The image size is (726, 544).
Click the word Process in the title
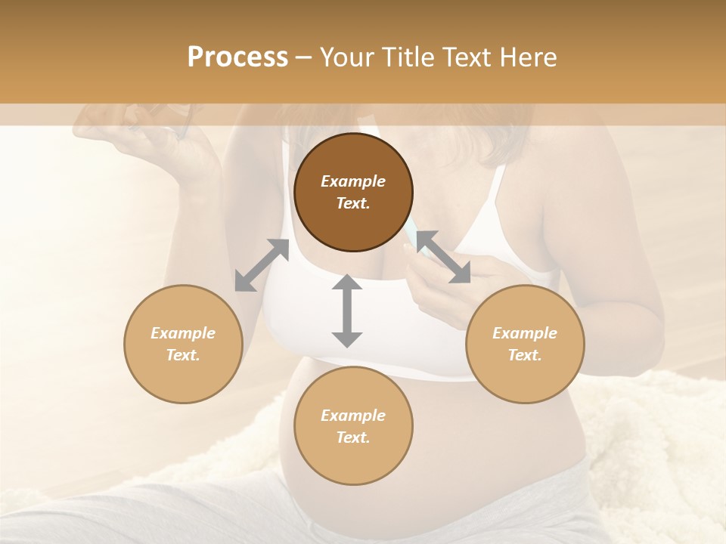point(237,57)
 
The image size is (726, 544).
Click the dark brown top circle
point(353,192)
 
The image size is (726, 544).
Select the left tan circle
point(183,344)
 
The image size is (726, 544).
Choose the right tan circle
point(525,344)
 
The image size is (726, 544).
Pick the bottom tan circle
point(353,426)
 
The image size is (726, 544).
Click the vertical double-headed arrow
point(347,311)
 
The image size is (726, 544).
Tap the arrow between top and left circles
point(262,265)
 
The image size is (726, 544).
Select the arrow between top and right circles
point(443,257)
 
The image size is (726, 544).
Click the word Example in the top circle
point(353,181)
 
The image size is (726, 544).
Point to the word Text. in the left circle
point(183,355)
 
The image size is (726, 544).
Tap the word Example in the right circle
point(525,333)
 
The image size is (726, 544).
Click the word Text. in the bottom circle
point(353,437)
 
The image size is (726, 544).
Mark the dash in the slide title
point(303,57)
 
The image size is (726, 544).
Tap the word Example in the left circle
point(183,333)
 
